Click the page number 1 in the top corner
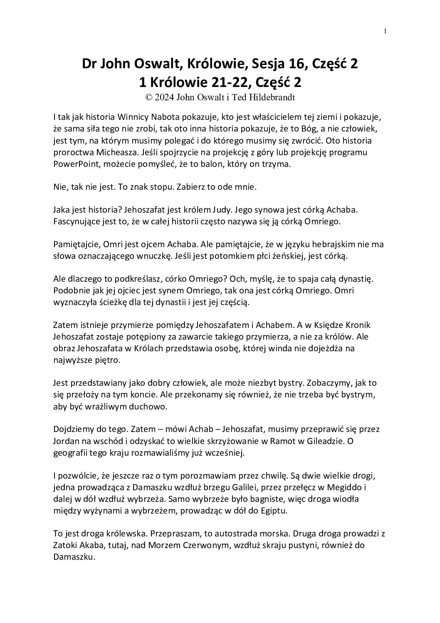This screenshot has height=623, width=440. [386, 30]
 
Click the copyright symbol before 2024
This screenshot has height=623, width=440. [148, 97]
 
